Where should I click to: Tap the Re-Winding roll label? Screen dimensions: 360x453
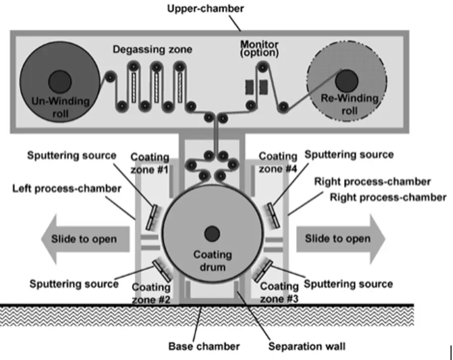pos(349,104)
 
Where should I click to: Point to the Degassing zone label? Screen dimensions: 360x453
pos(152,50)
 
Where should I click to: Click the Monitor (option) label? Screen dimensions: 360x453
pos(260,48)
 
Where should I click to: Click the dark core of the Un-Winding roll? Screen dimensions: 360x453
pos(59,80)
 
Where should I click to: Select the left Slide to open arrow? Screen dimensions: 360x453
pos(84,239)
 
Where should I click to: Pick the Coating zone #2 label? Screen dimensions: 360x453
pos(152,293)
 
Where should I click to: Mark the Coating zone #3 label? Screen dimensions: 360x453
pos(280,293)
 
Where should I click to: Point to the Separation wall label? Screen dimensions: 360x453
pos(306,346)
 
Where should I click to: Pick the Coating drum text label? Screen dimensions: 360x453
pos(212,260)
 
